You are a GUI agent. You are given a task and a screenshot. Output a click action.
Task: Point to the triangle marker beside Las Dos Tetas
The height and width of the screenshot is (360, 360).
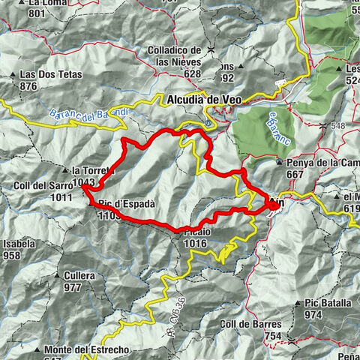[x=15, y=75]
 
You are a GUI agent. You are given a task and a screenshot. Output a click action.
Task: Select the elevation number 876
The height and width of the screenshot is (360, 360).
[x=29, y=86]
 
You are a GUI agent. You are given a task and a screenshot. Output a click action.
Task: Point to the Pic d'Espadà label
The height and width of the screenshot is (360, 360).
[x=126, y=203]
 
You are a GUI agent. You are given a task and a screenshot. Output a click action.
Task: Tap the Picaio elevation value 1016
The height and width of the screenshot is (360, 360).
[x=194, y=243]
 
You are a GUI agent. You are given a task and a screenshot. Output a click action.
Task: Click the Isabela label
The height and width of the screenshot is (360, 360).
[x=17, y=244]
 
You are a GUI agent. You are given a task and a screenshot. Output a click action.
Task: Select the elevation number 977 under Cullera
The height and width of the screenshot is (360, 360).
[x=72, y=287]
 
